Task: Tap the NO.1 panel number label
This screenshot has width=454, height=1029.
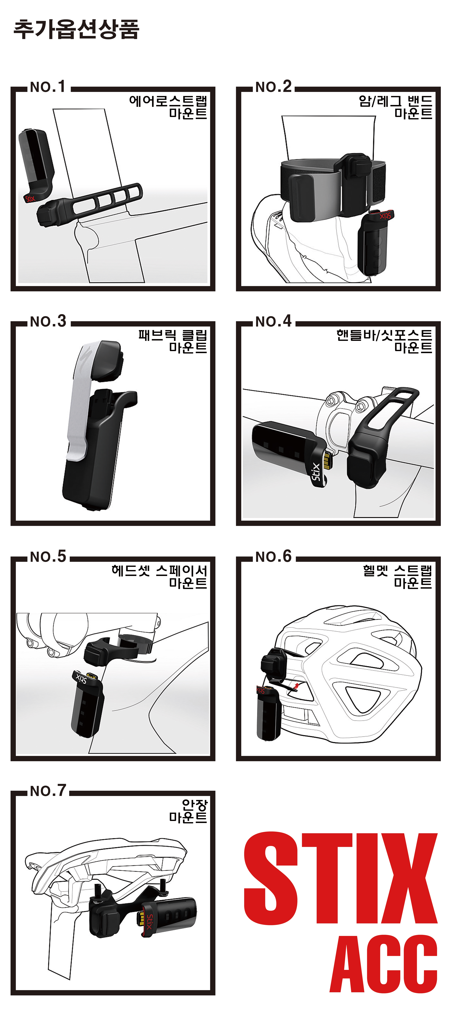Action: coord(48,87)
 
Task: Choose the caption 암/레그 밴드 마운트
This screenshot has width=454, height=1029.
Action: coord(396,107)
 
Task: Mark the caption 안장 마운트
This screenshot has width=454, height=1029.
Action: coord(188,811)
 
